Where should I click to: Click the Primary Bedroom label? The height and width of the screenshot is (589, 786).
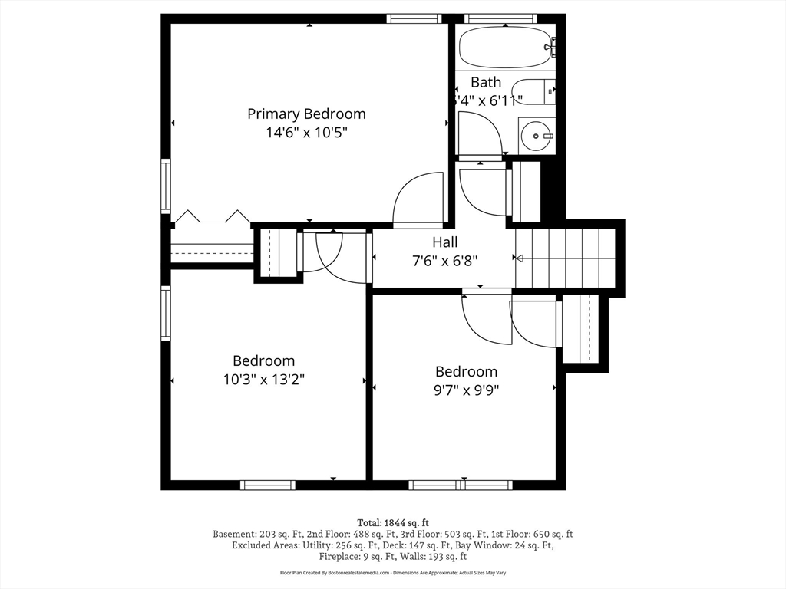306,114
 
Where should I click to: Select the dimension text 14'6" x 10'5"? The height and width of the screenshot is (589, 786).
306,132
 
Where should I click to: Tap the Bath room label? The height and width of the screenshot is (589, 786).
486,82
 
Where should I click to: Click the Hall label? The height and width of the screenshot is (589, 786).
444,242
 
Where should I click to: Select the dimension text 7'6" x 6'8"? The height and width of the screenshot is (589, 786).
444,260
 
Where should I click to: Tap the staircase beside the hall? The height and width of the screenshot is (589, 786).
566,258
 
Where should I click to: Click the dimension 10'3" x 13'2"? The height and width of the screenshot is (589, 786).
263,379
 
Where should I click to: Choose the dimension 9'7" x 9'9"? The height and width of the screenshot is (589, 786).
466,389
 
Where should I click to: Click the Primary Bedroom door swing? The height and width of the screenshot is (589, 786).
420,199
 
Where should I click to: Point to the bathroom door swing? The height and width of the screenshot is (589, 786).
479,133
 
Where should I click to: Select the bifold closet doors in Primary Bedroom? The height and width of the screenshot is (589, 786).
212,217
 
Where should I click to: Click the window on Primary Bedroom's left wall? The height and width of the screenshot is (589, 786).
165,186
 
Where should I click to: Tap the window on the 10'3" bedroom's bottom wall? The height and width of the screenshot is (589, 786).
267,485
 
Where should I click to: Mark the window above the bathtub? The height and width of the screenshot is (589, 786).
500,18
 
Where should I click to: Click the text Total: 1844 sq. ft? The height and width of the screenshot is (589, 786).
393,522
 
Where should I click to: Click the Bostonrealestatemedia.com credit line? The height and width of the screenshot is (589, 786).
393,573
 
